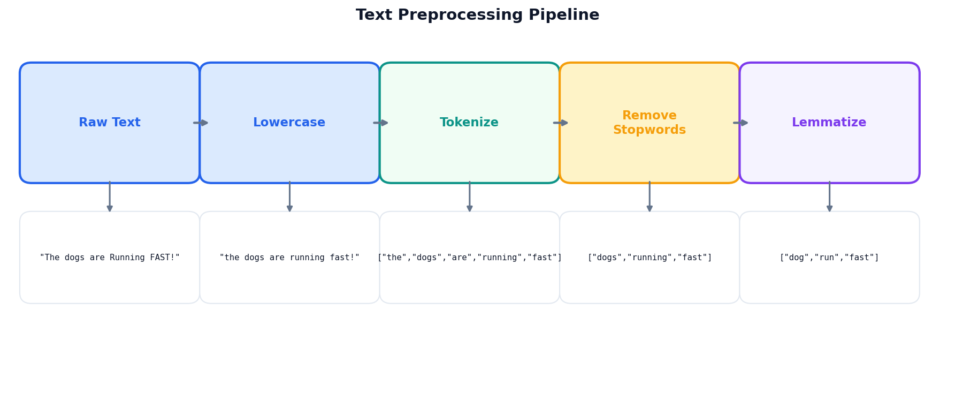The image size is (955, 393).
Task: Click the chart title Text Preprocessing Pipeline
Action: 477,15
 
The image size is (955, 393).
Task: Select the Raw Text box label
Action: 110,123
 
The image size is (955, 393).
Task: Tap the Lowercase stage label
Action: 289,123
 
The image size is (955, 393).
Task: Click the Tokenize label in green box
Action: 469,123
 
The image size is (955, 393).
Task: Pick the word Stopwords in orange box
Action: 650,130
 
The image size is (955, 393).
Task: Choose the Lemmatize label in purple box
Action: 829,123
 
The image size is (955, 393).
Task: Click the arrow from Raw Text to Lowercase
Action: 201,123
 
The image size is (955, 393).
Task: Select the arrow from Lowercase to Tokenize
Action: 380,123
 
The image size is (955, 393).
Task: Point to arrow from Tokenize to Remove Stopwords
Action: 560,123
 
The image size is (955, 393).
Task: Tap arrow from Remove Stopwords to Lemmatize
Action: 740,123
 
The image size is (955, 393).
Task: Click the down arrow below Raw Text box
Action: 110,196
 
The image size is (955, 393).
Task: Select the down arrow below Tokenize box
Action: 470,196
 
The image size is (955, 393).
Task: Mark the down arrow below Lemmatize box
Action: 829,196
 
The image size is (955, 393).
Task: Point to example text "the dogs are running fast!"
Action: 289,258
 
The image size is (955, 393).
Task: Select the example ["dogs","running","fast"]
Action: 650,258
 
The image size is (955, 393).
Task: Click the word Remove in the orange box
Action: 650,116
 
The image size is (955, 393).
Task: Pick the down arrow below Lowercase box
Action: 289,196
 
